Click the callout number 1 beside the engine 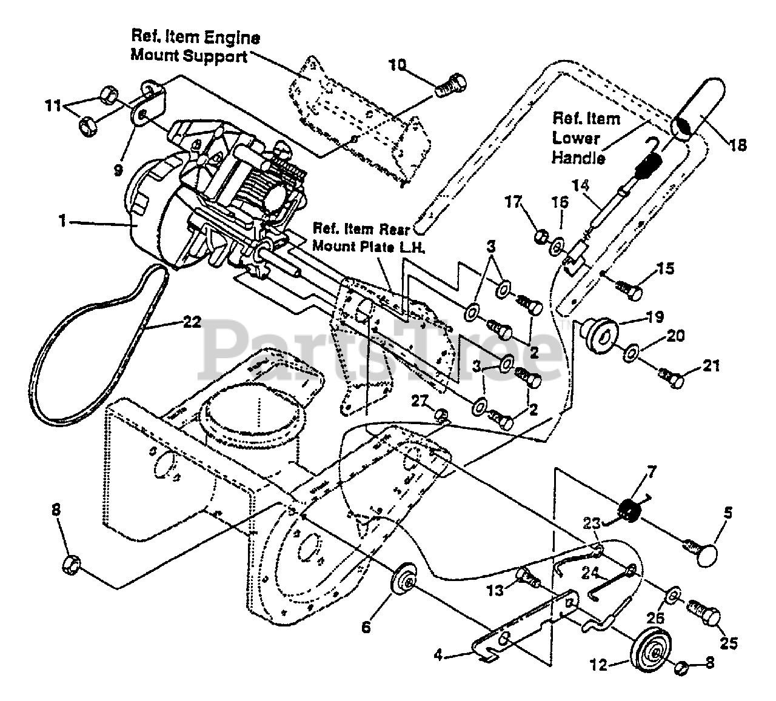click(62, 221)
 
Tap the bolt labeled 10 click(452, 86)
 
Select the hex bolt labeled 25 click(703, 615)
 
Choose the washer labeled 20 click(632, 352)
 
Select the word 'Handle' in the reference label click(578, 158)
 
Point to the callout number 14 click(581, 186)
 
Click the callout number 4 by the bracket click(438, 655)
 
